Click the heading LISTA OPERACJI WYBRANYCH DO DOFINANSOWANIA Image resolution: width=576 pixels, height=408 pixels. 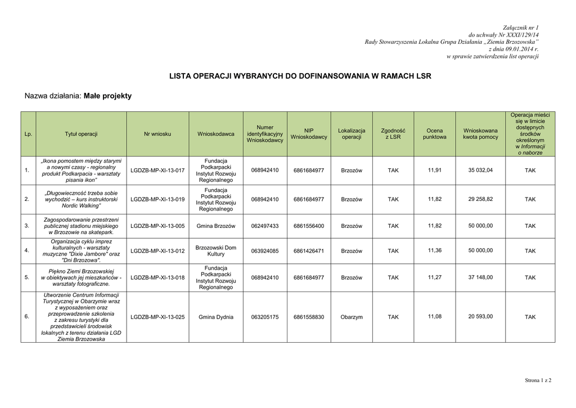pyautogui.click(x=300, y=76)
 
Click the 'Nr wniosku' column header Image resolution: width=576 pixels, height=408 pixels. pyautogui.click(x=157, y=134)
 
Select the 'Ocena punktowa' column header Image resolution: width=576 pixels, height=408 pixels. pyautogui.click(x=435, y=134)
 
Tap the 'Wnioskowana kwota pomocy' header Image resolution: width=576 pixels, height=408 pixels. pyautogui.click(x=480, y=134)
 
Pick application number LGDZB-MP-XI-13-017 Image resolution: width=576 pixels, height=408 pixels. pyautogui.click(x=157, y=170)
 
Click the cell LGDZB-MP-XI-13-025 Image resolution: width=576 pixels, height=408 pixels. pyautogui.click(x=157, y=317)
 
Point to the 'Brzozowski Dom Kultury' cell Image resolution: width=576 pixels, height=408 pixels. pyautogui.click(x=216, y=251)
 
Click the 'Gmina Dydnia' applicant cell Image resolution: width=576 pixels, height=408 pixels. pyautogui.click(x=216, y=317)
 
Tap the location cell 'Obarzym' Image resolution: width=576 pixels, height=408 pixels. pyautogui.click(x=352, y=317)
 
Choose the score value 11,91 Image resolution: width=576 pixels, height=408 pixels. pyautogui.click(x=435, y=169)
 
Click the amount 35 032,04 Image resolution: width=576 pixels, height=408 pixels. pyautogui.click(x=480, y=169)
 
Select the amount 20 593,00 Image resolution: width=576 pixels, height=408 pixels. pyautogui.click(x=480, y=316)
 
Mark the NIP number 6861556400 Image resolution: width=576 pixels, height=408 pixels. pyautogui.click(x=309, y=226)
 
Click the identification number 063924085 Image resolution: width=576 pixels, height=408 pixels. pyautogui.click(x=265, y=251)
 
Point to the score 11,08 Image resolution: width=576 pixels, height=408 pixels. pyautogui.click(x=435, y=316)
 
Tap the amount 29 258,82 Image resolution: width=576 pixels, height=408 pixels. pyautogui.click(x=480, y=199)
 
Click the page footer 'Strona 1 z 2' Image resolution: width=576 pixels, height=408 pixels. pyautogui.click(x=538, y=380)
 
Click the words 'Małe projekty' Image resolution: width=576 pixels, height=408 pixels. pyautogui.click(x=107, y=96)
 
